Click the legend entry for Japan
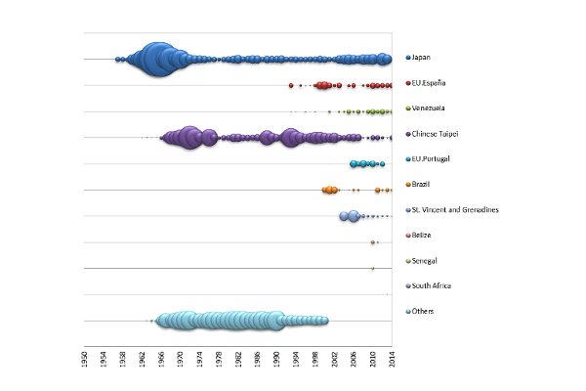pos(423,58)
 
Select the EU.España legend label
pos(431,83)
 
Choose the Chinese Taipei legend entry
pos(437,134)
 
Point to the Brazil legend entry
pos(423,185)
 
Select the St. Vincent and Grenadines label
pos(456,210)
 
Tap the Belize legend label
pos(423,236)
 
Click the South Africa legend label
pos(432,286)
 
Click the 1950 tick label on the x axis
pos(85,357)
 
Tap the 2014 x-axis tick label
pos(393,357)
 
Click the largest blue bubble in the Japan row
pos(157,60)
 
